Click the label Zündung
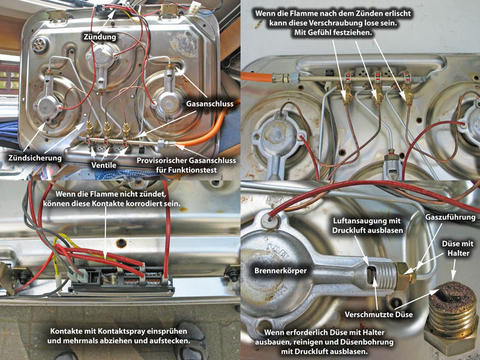click(100, 37)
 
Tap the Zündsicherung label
click(35, 158)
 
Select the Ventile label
click(104, 165)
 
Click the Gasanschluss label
click(210, 104)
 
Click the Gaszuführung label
click(450, 217)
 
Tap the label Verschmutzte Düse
click(379, 314)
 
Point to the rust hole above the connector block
click(121, 243)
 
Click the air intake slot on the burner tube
click(371, 274)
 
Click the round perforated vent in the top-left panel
click(40, 44)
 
